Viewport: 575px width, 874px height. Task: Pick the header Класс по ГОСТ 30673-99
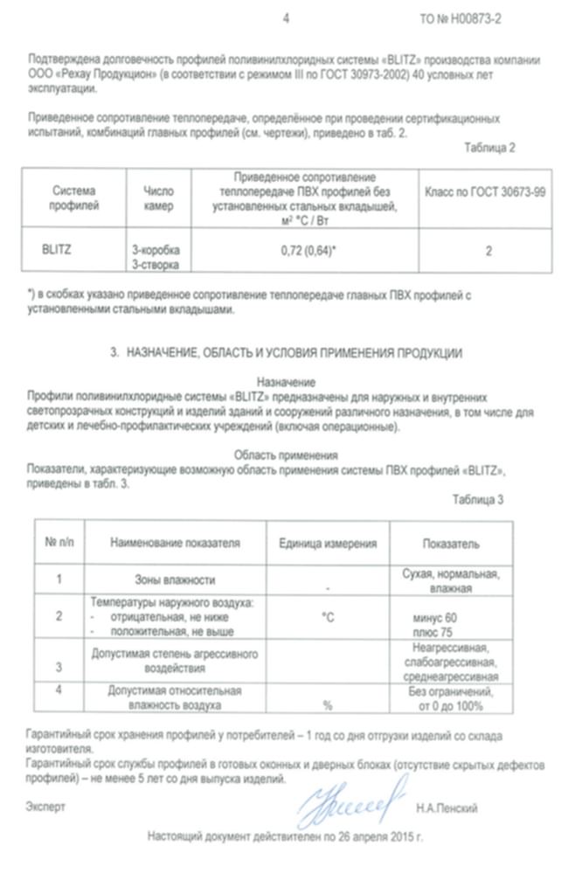coord(485,191)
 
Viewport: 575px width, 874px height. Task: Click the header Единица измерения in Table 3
coord(328,543)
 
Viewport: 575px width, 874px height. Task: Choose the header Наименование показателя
coord(175,543)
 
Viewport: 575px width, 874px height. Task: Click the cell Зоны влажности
coord(175,579)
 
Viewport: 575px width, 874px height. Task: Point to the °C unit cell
coord(328,617)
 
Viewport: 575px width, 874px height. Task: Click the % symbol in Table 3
coord(328,704)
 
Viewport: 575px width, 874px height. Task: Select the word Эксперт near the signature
coord(45,807)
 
